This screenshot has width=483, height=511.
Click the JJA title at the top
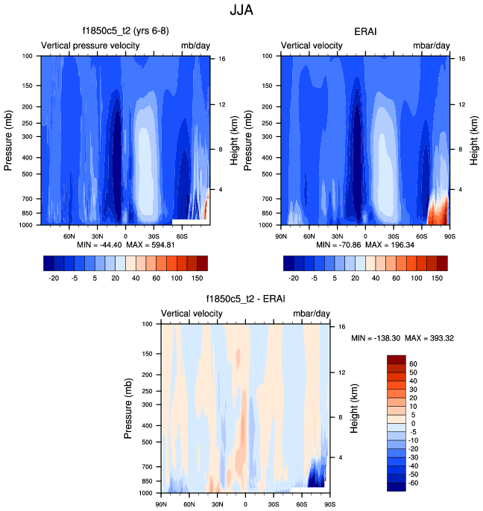pyautogui.click(x=242, y=11)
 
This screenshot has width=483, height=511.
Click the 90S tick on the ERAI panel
pyautogui.click(x=447, y=236)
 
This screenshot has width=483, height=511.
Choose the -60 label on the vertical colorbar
pyautogui.click(x=415, y=483)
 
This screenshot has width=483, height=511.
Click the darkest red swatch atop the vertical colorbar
pyautogui.click(x=396, y=359)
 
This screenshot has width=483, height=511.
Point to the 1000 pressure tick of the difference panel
pyautogui.click(x=145, y=493)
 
